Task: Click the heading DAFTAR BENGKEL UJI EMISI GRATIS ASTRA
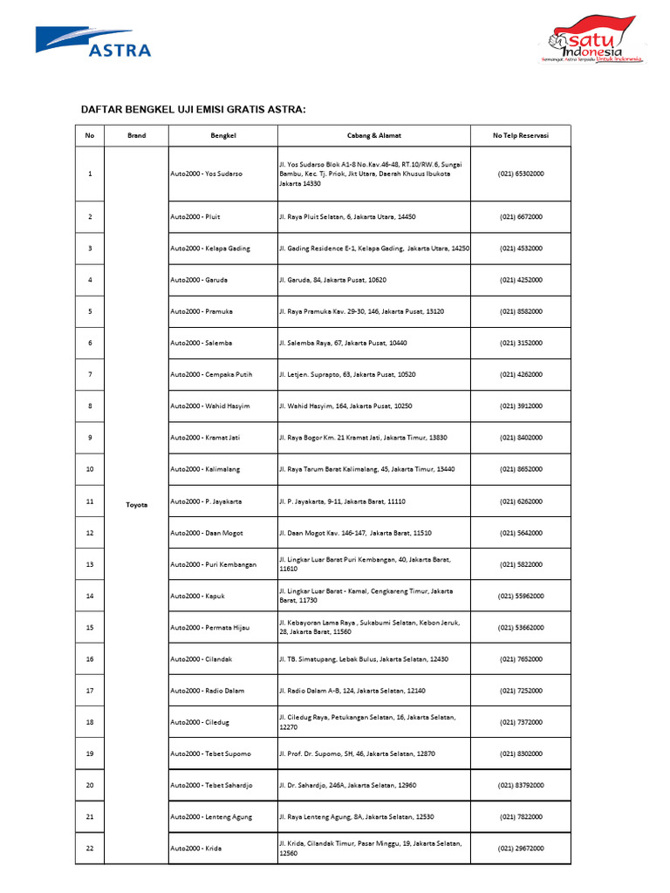[194, 110]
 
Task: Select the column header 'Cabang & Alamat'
[373, 136]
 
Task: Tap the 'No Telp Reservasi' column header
[521, 136]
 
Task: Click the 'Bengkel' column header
[223, 136]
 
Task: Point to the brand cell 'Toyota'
[136, 504]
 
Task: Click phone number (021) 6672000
[521, 216]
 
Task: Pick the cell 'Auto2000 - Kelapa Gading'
[210, 249]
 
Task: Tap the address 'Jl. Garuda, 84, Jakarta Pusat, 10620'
[332, 280]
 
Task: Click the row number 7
[90, 374]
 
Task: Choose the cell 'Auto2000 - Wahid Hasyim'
[210, 406]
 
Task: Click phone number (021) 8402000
[521, 438]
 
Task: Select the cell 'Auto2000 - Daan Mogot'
[207, 532]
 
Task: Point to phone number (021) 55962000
[521, 596]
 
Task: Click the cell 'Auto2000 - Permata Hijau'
[211, 627]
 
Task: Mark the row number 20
[90, 785]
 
